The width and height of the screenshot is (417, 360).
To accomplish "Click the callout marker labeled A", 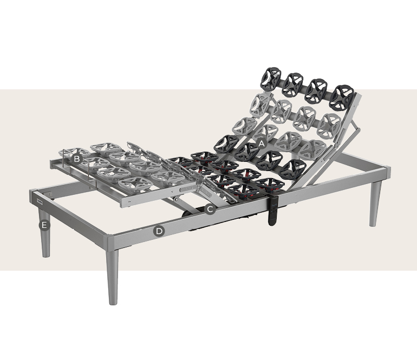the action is point(262,143).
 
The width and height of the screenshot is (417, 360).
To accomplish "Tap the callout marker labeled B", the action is point(77,159).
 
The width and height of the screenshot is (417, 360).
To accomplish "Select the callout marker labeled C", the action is point(210,210).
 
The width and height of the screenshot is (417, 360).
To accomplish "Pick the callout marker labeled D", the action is point(159,231).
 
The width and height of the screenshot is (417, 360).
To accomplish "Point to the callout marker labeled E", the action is point(44,225).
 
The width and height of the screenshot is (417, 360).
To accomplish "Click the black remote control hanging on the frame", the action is point(272,211).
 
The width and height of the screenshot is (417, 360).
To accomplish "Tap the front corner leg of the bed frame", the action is point(112,277).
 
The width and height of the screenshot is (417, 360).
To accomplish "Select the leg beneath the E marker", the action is point(45,234).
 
